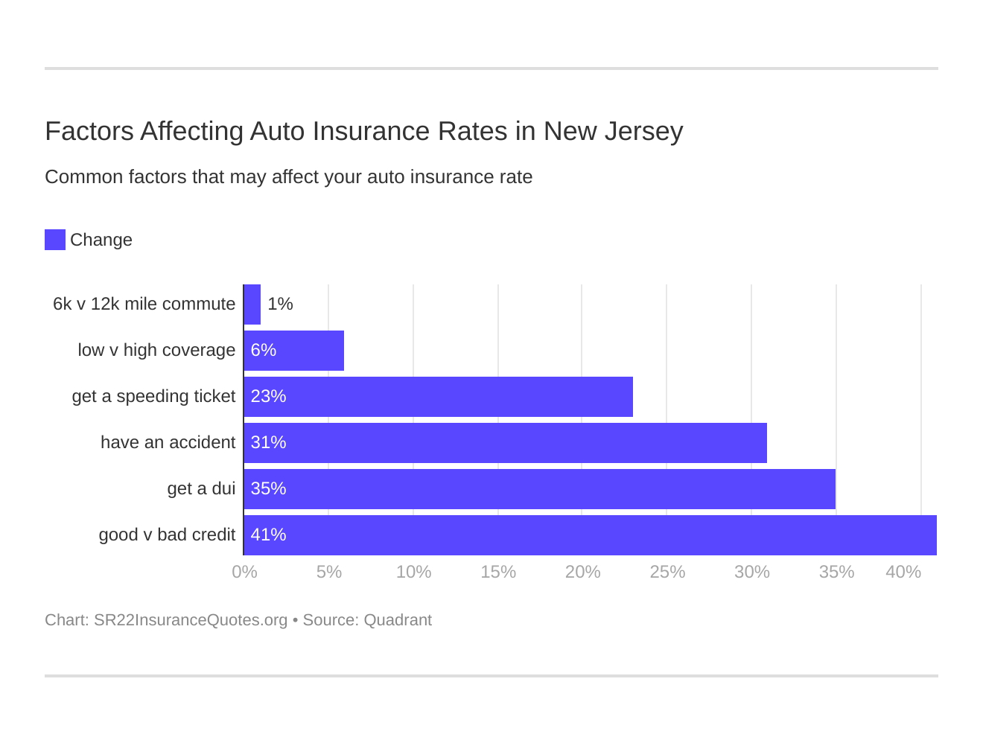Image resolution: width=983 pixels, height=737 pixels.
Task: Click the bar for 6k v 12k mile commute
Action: point(252,304)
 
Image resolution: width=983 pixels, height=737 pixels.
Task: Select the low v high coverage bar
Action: point(294,351)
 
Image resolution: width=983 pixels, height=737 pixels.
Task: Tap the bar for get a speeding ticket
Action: point(439,397)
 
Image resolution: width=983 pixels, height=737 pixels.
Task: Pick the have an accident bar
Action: point(506,443)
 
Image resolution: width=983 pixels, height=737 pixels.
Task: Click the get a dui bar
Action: point(540,489)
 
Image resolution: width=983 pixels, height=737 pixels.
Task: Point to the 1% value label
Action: point(280,304)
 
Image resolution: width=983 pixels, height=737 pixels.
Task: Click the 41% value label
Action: point(268,535)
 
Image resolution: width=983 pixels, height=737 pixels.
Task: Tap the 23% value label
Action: point(268,396)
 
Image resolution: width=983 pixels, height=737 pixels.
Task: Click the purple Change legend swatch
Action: point(55,240)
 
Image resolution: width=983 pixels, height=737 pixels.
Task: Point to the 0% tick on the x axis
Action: point(244,572)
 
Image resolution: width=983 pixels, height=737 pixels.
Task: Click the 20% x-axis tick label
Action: point(582,572)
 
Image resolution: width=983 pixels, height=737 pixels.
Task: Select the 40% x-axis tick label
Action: point(903,572)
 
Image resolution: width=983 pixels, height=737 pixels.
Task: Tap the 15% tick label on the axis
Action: point(498,572)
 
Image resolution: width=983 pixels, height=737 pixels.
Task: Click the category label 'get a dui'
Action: point(201,488)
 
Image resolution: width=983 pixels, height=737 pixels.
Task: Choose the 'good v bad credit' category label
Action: point(167,535)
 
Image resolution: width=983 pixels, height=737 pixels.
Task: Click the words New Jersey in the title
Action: point(613,131)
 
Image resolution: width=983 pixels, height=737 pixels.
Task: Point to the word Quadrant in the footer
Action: point(398,620)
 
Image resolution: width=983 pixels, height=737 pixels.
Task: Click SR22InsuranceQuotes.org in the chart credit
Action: point(191,620)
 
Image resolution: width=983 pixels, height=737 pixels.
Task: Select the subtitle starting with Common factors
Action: point(288,177)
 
